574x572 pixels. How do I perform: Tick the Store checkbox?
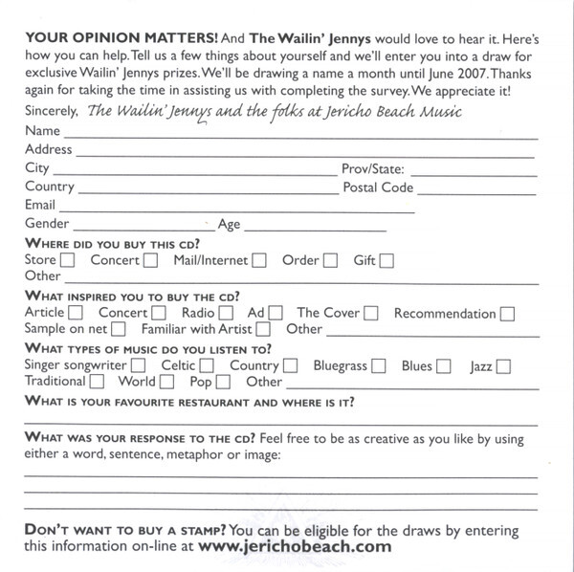point(67,260)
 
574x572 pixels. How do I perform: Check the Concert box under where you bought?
point(151,260)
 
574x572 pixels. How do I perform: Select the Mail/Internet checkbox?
point(259,260)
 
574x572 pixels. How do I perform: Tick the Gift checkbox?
point(386,260)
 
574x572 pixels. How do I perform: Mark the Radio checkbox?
point(226,313)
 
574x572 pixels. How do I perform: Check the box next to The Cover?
point(371,313)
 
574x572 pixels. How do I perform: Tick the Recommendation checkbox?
point(508,313)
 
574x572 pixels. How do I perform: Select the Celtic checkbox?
point(207,365)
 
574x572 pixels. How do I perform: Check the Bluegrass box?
point(379,365)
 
